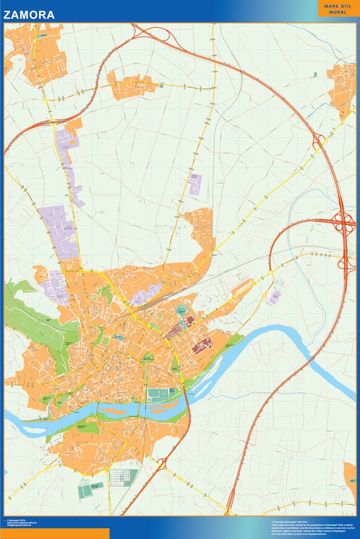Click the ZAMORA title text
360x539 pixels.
(x=29, y=15)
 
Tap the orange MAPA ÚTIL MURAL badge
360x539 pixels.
(x=338, y=8)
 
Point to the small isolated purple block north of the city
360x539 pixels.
(x=195, y=183)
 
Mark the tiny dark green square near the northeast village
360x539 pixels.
(x=314, y=74)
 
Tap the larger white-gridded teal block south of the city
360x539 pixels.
(x=124, y=477)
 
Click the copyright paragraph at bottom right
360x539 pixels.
(x=312, y=527)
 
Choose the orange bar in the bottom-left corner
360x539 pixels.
(x=54, y=534)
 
